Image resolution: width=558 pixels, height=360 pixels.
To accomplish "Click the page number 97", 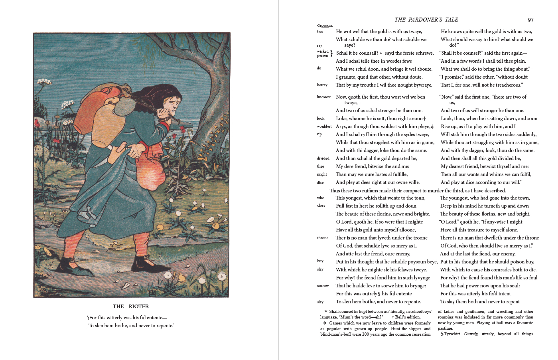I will click(x=530, y=20).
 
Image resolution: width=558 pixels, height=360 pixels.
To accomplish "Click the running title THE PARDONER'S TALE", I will click(x=426, y=20).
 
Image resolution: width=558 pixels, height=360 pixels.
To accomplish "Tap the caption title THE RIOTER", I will click(x=131, y=307).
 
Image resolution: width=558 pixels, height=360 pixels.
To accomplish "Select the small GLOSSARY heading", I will click(x=325, y=26).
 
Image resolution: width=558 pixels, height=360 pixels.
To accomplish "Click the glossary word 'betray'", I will click(x=322, y=85).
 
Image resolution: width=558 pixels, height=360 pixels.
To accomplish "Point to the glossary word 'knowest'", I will click(x=323, y=97).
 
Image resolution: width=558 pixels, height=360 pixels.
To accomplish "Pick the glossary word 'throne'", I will click(x=322, y=238).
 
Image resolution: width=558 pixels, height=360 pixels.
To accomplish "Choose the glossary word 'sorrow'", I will click(x=323, y=286).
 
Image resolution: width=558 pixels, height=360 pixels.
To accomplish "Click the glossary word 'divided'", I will click(x=323, y=158).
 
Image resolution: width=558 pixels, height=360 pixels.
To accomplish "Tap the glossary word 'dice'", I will click(x=320, y=182).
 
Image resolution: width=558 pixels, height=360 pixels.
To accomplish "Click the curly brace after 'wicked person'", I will click(x=331, y=53).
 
